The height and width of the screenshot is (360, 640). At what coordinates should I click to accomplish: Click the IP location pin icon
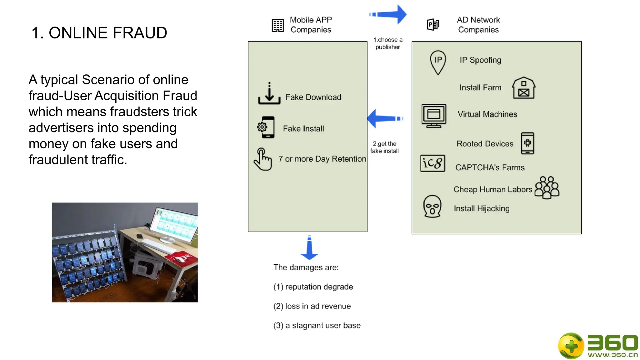coord(438,62)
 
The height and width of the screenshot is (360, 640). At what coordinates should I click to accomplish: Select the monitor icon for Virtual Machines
coord(433,116)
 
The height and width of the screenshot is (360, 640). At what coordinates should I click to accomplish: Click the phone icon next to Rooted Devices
coord(527,143)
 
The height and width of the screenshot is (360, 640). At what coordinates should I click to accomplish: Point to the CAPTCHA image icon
coord(432,163)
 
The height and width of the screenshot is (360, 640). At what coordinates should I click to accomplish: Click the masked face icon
coord(432,206)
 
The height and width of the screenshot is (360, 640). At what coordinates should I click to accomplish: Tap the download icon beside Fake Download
coord(269,94)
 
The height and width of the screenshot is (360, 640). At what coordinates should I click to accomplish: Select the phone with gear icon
coord(266,127)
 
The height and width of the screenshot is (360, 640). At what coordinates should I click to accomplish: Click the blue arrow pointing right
coord(389,14)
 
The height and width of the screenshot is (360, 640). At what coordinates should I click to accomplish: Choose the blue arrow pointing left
coord(384,118)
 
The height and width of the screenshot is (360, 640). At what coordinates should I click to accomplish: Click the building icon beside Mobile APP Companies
coord(277,25)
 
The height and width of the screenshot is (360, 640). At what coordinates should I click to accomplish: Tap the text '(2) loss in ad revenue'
coord(312,306)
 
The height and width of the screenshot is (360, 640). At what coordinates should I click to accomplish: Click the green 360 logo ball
coord(571,346)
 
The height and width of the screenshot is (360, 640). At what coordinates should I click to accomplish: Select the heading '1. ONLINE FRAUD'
coord(99,33)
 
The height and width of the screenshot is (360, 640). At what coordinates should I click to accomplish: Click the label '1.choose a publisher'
coord(387,43)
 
